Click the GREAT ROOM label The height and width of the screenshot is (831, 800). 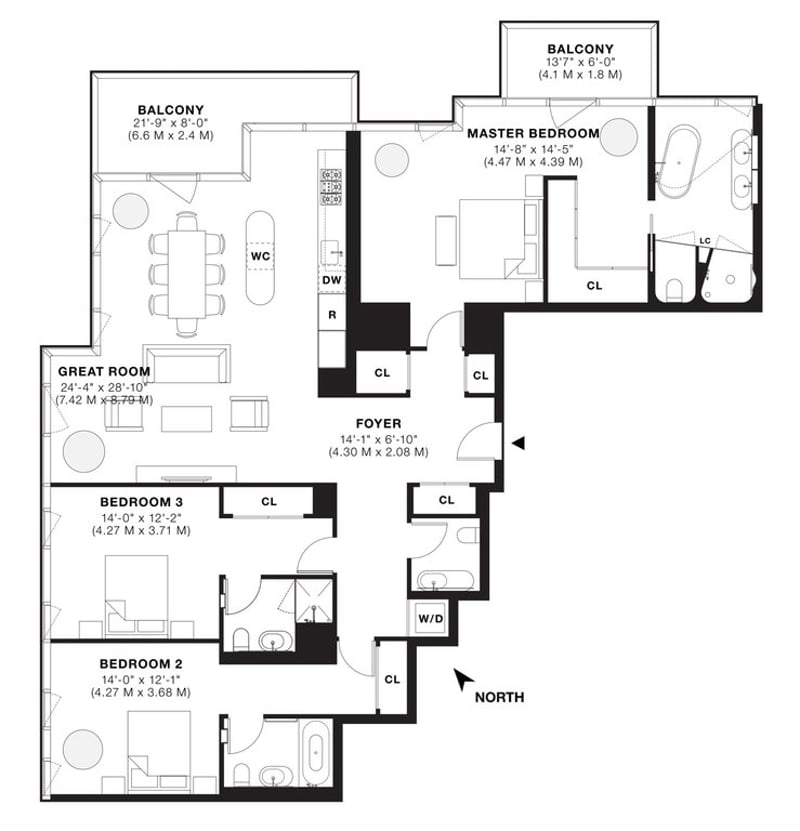click(x=104, y=372)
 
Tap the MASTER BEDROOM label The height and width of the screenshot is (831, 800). click(x=533, y=134)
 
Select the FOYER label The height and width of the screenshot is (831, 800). click(x=378, y=424)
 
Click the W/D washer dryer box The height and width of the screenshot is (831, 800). click(x=431, y=618)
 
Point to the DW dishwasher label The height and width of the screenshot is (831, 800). click(x=332, y=280)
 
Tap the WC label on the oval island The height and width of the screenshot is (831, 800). click(x=260, y=257)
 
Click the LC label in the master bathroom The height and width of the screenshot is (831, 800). click(x=705, y=241)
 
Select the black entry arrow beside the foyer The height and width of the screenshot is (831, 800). click(x=518, y=443)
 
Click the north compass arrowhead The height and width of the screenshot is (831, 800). click(x=463, y=678)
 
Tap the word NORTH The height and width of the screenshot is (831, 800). click(x=500, y=697)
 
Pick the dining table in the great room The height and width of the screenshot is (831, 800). click(x=187, y=274)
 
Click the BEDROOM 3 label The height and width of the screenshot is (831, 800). click(x=141, y=502)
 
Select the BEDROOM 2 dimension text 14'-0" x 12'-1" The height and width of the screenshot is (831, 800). click(x=141, y=679)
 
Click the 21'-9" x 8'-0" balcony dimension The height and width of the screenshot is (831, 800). click(x=171, y=123)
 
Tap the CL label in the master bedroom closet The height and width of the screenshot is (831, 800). click(x=594, y=286)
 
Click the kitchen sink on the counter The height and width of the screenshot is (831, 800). click(x=332, y=252)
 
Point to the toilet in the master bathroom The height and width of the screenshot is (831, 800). click(x=675, y=290)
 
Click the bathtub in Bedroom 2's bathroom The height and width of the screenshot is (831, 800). click(x=316, y=753)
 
